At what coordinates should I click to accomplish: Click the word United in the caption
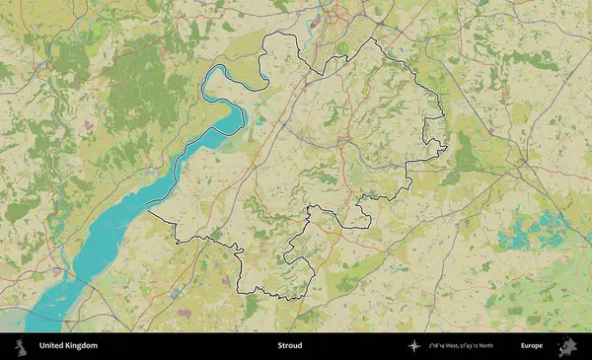[x=53, y=346]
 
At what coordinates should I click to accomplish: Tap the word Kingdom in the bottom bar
[x=82, y=346]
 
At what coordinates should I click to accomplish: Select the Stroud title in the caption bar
[x=290, y=346]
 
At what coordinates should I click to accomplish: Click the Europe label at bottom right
[x=532, y=346]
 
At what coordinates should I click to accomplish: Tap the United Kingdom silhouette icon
[x=19, y=346]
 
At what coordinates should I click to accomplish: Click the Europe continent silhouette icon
[x=567, y=346]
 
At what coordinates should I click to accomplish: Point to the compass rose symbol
[x=415, y=346]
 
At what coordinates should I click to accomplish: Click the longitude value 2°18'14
[x=439, y=346]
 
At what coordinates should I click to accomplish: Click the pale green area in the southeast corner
[x=553, y=296]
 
